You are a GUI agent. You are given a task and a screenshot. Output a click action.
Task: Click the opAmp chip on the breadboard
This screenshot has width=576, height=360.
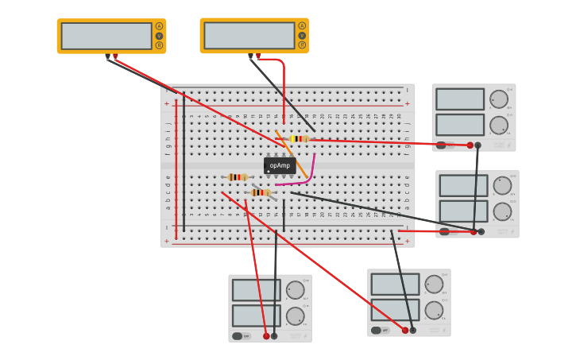[280, 165]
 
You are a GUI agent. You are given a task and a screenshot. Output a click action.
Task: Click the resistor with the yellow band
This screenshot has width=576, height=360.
[299, 138]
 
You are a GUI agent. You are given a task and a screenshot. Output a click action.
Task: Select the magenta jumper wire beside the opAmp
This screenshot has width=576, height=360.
[309, 171]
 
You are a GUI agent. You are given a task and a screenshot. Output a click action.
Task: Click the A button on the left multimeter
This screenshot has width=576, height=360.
[159, 26]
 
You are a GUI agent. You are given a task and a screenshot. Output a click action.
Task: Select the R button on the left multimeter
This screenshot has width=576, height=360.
[159, 45]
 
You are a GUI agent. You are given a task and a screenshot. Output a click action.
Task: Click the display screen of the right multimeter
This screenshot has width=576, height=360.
[249, 36]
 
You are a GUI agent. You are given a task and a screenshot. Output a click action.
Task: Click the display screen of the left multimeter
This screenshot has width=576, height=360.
[106, 36]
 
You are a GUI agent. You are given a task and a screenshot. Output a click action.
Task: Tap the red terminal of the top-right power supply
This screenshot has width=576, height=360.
[470, 145]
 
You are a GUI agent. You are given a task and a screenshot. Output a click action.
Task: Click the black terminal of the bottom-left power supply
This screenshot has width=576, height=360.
[274, 336]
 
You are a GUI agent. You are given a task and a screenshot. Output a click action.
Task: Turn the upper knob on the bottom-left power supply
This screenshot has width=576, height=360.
[295, 290]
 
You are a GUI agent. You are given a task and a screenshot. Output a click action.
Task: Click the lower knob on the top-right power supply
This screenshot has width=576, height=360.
[499, 125]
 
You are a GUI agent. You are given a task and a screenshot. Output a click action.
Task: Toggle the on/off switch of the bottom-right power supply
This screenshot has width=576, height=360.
[376, 330]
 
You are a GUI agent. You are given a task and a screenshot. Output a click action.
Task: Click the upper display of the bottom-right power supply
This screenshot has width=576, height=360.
[395, 285]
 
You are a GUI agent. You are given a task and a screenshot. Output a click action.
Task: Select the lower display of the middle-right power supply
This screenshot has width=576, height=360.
[463, 211]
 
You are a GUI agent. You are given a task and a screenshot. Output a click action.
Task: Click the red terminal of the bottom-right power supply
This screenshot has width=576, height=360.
[404, 330]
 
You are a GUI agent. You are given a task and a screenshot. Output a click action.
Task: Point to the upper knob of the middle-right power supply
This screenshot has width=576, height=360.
[502, 186]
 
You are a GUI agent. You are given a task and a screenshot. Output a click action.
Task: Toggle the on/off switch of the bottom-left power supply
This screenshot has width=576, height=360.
[237, 336]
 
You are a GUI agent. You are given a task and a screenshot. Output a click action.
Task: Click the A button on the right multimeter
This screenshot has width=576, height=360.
[302, 26]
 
